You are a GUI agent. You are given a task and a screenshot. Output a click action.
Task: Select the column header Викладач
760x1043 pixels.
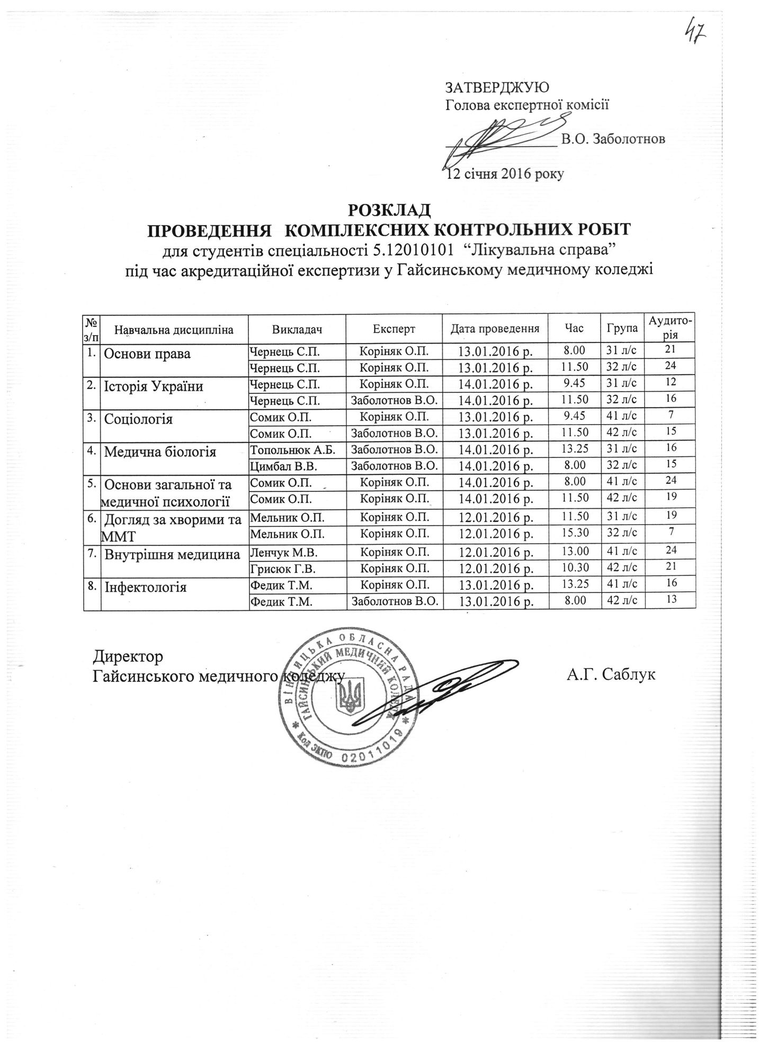(x=297, y=329)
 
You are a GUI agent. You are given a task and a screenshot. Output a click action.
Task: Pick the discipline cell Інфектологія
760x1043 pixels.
(x=146, y=587)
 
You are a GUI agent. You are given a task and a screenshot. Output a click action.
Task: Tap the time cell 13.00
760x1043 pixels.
(x=575, y=551)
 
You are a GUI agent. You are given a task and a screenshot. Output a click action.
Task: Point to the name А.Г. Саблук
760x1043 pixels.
(x=611, y=675)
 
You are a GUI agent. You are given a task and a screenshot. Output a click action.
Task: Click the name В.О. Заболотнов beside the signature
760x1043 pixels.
(x=613, y=139)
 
